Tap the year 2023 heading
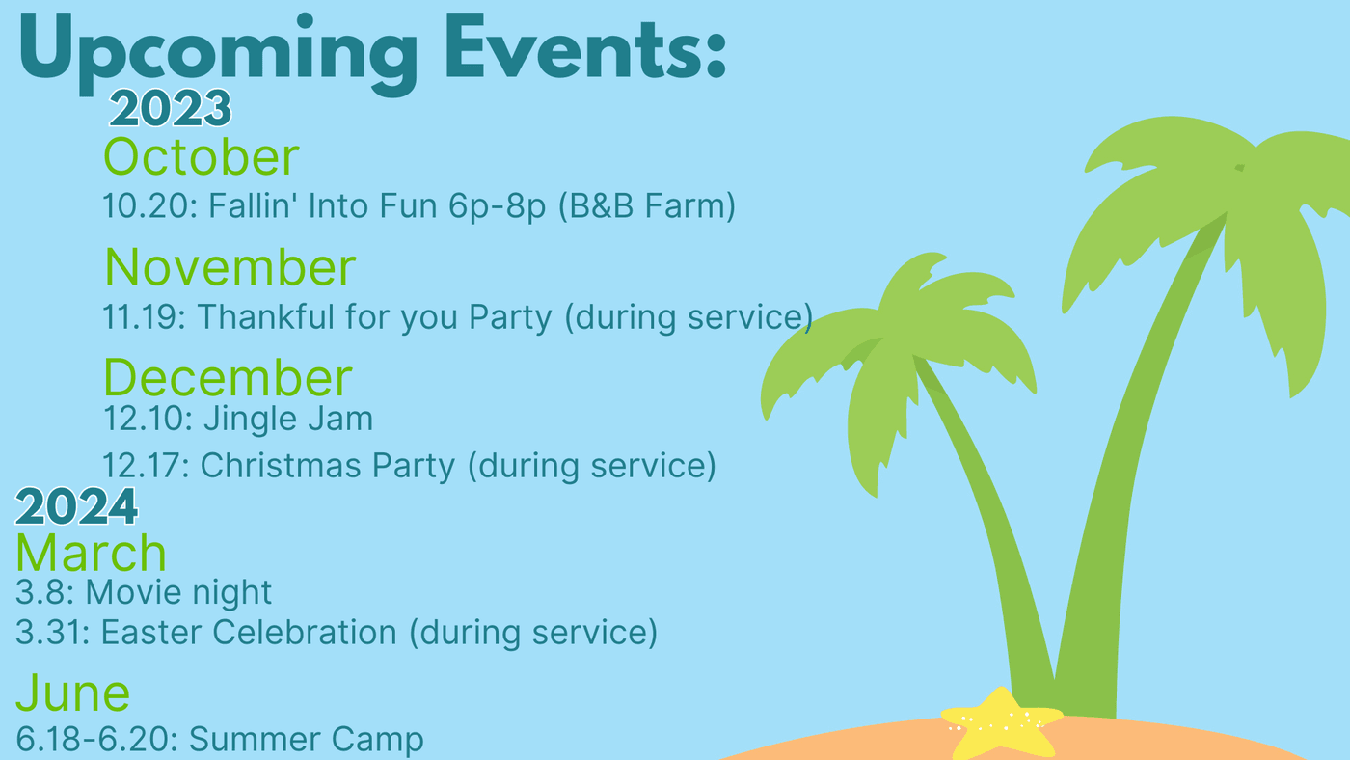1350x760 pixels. pyautogui.click(x=170, y=108)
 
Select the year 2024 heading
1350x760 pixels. pyautogui.click(x=76, y=506)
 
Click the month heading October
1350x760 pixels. pyautogui.click(x=202, y=156)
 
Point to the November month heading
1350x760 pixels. pyautogui.click(x=230, y=267)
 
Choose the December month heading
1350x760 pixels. pyautogui.click(x=228, y=378)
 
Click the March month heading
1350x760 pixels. pyautogui.click(x=91, y=553)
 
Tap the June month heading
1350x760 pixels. pyautogui.click(x=73, y=693)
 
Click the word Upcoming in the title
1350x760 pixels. pyautogui.click(x=218, y=54)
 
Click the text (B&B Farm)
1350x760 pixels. pyautogui.click(x=647, y=206)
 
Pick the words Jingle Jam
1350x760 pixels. pyautogui.click(x=288, y=419)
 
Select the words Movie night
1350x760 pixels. pyautogui.click(x=179, y=593)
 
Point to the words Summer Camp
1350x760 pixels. pyautogui.click(x=307, y=741)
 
